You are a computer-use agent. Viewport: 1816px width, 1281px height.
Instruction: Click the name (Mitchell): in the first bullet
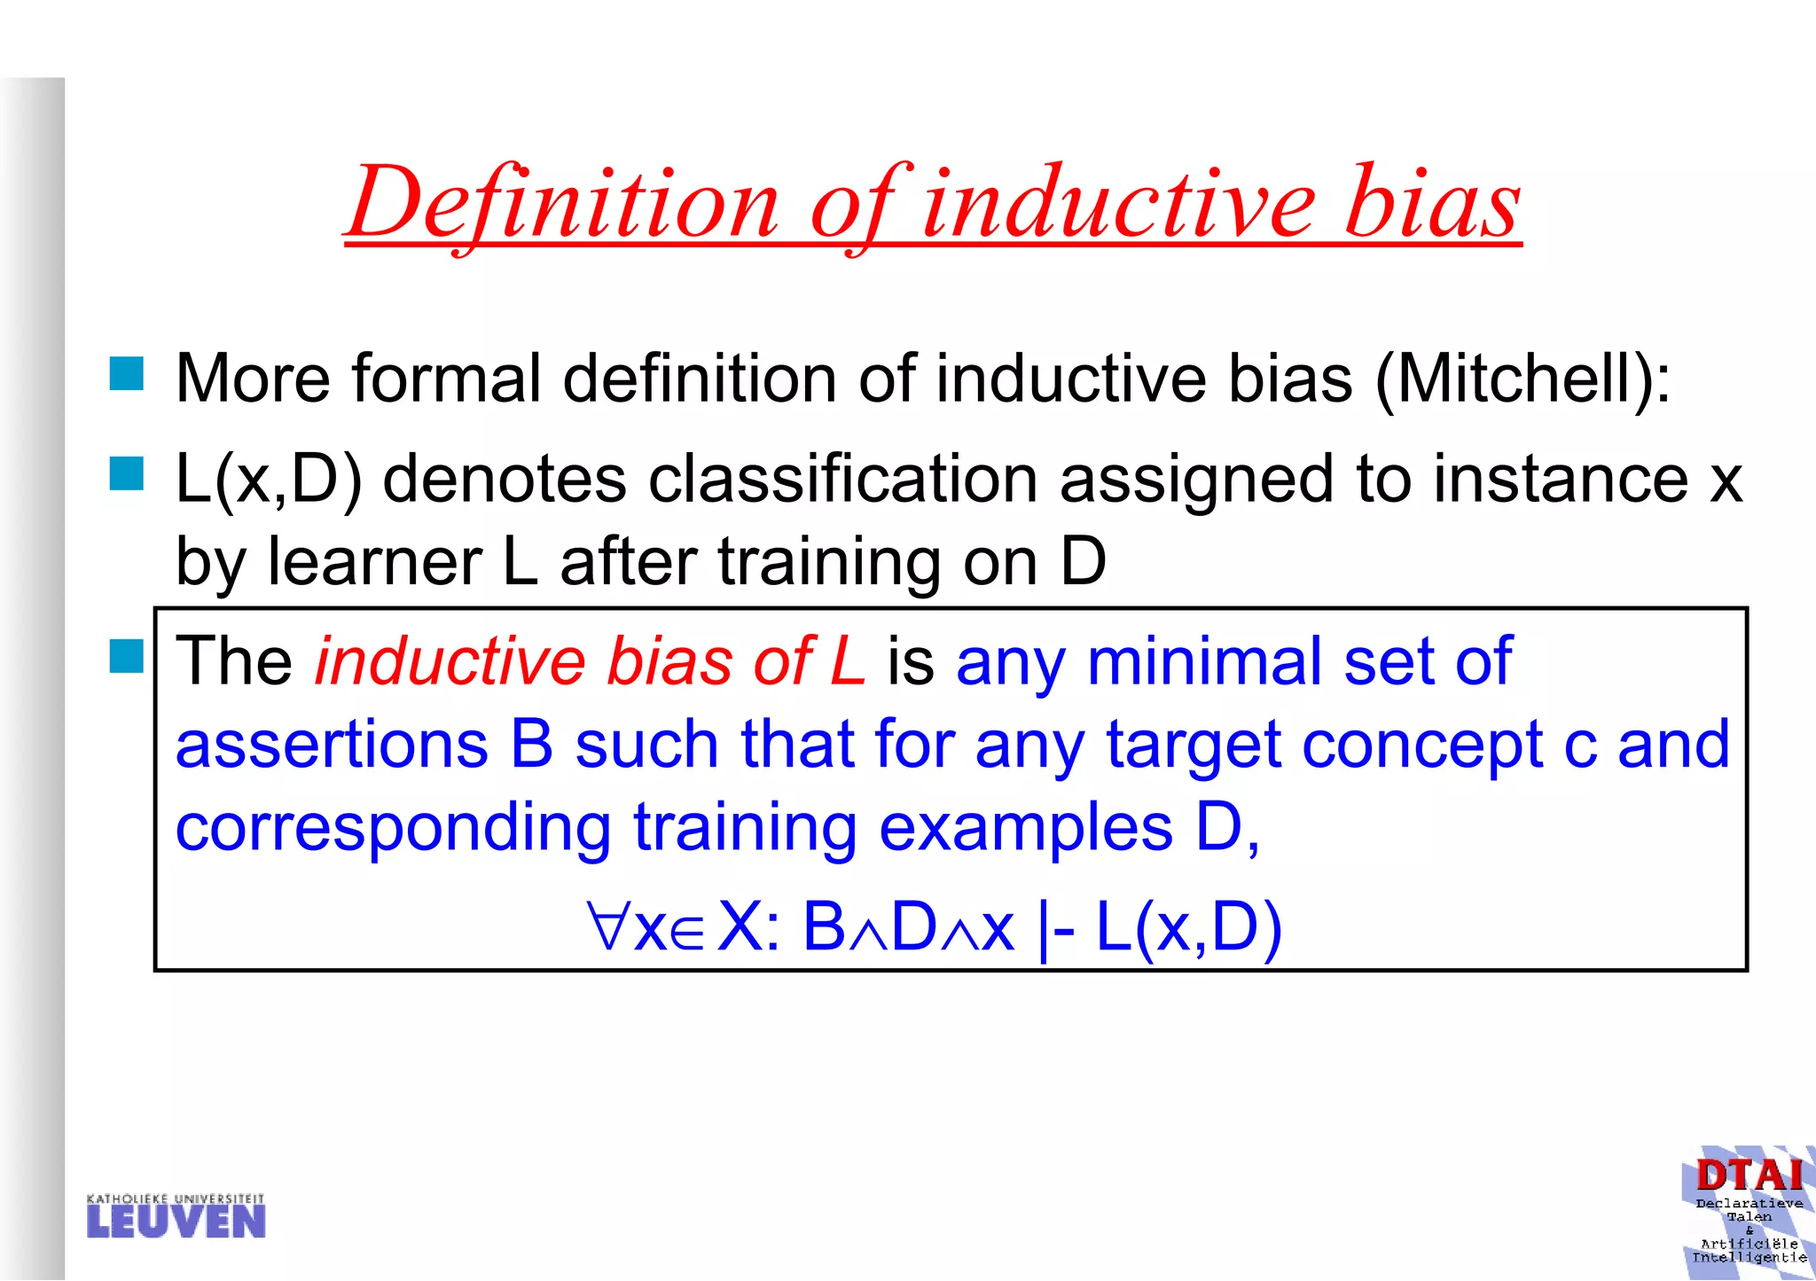[x=1522, y=379]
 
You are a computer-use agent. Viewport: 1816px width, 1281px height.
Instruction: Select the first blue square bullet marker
[x=127, y=373]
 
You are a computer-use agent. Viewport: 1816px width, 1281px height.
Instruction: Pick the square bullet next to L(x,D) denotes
[x=127, y=473]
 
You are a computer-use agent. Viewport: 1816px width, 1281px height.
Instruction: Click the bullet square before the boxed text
[x=127, y=657]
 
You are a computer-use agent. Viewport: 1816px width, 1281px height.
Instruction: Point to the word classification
[x=842, y=480]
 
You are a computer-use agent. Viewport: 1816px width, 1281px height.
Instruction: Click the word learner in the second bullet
[x=374, y=562]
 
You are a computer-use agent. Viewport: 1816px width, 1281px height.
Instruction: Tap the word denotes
[x=504, y=480]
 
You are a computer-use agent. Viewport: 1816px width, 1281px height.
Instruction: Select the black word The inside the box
[x=234, y=661]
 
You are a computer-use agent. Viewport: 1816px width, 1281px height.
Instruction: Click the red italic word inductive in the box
[x=450, y=661]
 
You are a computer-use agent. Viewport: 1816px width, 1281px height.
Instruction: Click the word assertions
[x=332, y=744]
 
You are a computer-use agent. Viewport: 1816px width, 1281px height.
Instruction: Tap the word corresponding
[x=393, y=828]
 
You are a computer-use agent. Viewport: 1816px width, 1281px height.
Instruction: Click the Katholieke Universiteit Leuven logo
[x=176, y=1216]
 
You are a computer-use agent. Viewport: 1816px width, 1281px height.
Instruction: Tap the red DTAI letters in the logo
[x=1749, y=1176]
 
